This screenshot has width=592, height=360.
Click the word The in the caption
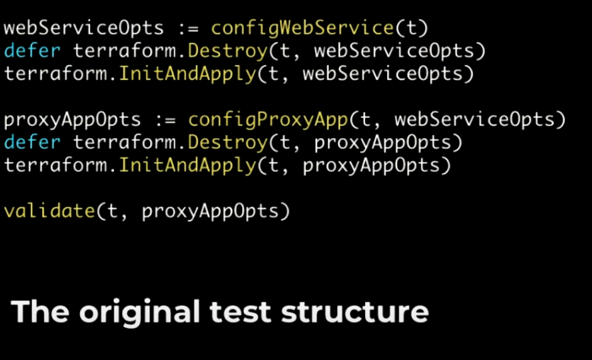[x=40, y=313]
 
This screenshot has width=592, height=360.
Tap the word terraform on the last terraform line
[x=55, y=165]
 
